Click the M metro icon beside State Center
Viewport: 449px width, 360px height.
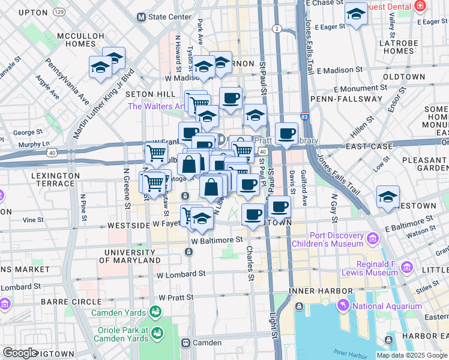[x=141, y=17]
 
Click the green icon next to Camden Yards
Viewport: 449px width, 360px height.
[x=156, y=312]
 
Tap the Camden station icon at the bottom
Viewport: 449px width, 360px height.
[x=186, y=343]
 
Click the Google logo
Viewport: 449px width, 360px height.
[x=20, y=353]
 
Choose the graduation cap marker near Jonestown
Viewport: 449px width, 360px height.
[x=388, y=196]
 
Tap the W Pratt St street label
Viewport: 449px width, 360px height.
[x=176, y=297]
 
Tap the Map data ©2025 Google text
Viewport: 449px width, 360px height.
[x=411, y=355]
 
